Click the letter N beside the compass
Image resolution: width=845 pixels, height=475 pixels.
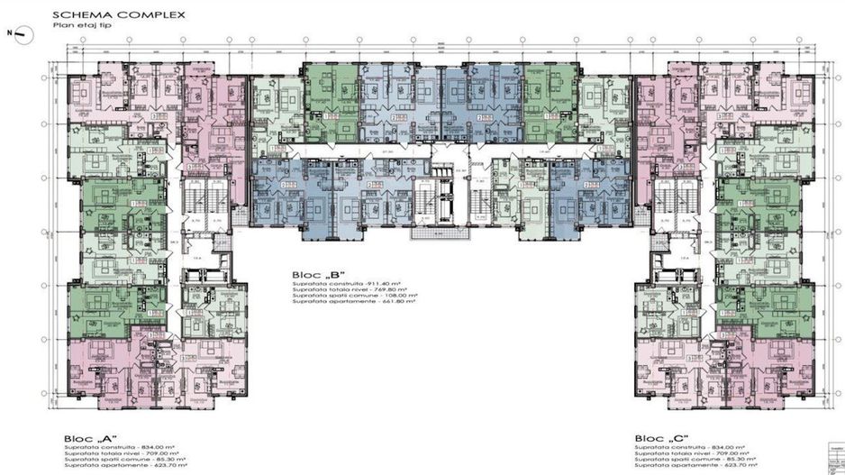point(8,32)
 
